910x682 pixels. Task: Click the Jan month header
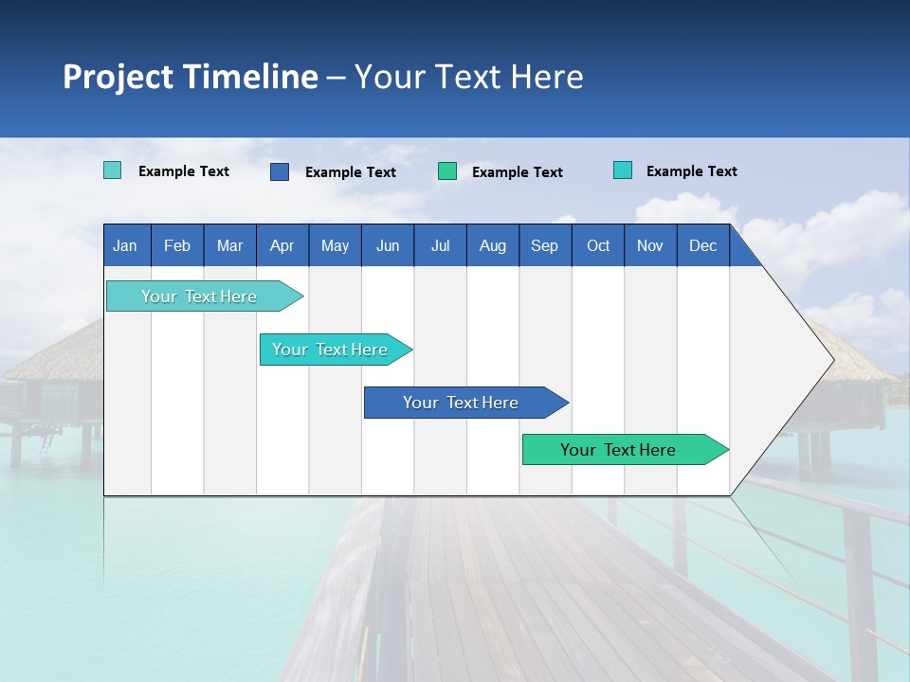pos(126,245)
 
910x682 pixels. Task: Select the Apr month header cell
pos(282,245)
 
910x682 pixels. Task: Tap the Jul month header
pos(440,245)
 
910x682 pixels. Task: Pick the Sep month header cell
pos(545,245)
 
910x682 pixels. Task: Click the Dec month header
pos(702,245)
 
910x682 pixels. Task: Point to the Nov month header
pos(650,245)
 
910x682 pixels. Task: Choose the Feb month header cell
pos(177,245)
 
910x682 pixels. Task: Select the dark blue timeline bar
pos(462,403)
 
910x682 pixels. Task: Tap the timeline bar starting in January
pos(199,296)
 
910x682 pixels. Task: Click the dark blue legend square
pos(280,171)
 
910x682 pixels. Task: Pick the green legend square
pos(447,171)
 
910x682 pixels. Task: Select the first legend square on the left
pos(112,170)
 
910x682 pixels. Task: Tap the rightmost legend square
pos(623,170)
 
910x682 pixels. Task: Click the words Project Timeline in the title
pos(190,77)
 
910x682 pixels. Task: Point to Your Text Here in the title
pos(469,77)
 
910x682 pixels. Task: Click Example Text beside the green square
pos(518,172)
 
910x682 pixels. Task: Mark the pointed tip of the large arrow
pos(832,360)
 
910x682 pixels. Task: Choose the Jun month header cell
pos(388,245)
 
